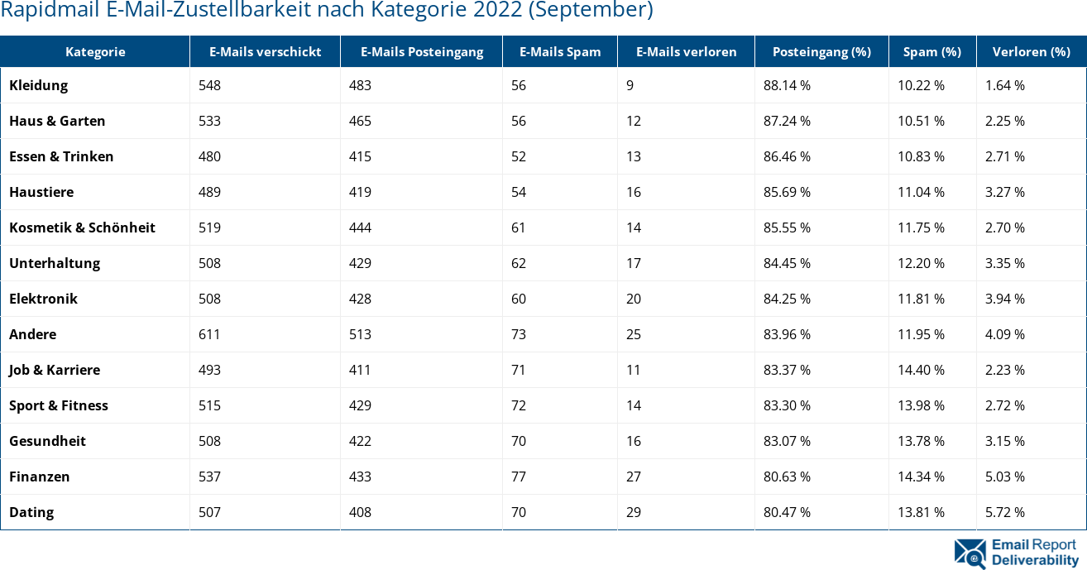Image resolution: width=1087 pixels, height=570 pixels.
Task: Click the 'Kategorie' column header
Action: (x=95, y=51)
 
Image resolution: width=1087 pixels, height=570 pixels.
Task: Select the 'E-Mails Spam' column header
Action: (x=560, y=51)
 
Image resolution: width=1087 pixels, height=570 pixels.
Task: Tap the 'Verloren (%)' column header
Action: (x=1031, y=51)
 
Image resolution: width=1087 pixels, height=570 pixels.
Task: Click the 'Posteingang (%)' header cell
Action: (x=821, y=51)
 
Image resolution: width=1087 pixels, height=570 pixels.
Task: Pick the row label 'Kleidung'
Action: (x=39, y=85)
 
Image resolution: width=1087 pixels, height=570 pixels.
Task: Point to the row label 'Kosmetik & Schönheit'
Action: (x=82, y=228)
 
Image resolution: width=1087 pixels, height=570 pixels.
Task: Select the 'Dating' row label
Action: (x=31, y=512)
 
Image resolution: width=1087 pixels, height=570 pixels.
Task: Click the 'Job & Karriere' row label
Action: (x=55, y=370)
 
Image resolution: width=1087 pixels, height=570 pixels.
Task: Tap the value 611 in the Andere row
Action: (x=209, y=334)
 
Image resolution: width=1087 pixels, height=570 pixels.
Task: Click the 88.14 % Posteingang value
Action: (x=787, y=85)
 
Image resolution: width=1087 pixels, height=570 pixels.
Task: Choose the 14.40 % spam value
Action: (x=921, y=370)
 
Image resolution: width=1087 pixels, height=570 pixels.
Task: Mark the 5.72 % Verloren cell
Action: (x=1004, y=512)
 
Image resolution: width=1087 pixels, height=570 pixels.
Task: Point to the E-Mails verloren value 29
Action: (x=634, y=512)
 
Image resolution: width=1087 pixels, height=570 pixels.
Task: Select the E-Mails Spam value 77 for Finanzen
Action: (x=519, y=477)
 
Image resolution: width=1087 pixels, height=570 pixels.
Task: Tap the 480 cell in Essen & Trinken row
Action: (x=209, y=156)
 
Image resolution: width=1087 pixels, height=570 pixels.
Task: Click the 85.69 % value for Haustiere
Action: (x=787, y=192)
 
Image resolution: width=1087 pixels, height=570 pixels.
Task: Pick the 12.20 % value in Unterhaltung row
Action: (x=921, y=263)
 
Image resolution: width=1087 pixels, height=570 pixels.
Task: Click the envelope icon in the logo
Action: (x=970, y=553)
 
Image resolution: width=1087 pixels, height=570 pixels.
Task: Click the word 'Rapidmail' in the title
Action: (x=44, y=10)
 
